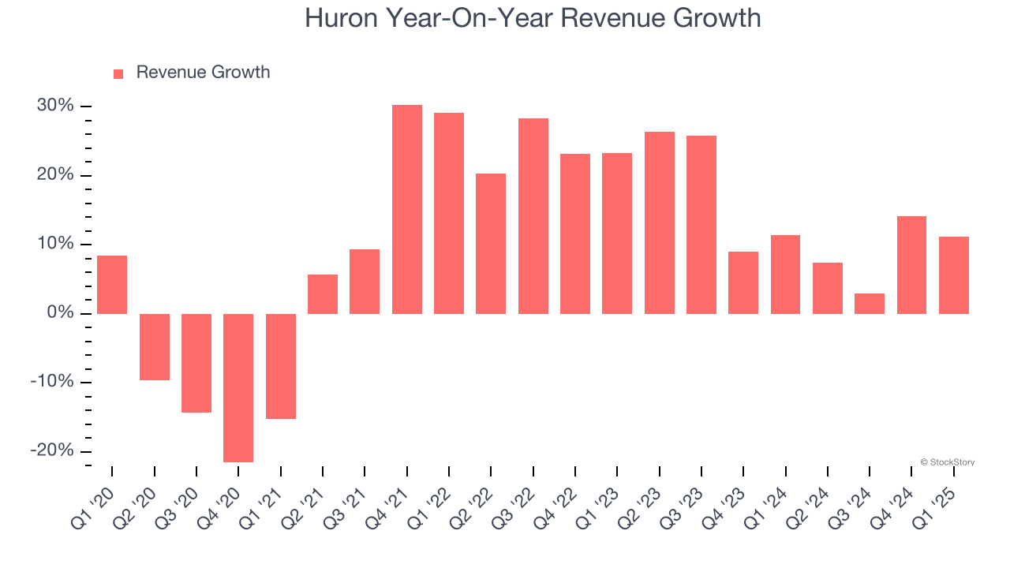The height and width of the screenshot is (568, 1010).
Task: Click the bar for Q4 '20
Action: [x=238, y=387]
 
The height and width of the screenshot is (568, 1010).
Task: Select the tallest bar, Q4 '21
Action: [x=407, y=209]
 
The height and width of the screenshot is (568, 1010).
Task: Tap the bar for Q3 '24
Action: [x=870, y=304]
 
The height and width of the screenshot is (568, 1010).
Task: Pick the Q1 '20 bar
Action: [x=112, y=285]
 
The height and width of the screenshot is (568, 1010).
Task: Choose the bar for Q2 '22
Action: [x=491, y=244]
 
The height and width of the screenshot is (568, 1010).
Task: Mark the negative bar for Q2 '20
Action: [x=155, y=347]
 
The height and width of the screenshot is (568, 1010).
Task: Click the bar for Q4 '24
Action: [x=912, y=265]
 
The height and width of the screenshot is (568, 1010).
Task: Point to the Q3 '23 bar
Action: [x=701, y=225]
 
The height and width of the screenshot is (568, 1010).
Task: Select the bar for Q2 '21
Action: [x=323, y=294]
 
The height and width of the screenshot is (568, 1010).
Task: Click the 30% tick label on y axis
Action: [x=55, y=106]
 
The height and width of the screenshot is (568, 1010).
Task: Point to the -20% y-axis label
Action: [x=52, y=450]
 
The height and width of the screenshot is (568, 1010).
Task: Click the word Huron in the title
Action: [x=340, y=18]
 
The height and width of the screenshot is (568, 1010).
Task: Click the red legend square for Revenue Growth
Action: [x=118, y=74]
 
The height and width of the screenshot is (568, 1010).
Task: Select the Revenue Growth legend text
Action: [x=203, y=73]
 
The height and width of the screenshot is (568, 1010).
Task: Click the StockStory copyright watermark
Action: [x=947, y=462]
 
